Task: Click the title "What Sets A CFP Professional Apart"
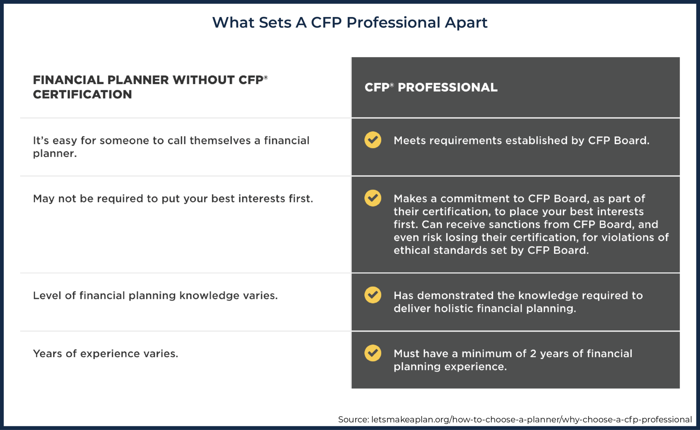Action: point(350,23)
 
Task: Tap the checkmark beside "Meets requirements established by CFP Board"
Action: point(373,140)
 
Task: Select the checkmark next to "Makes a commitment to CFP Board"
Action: point(373,198)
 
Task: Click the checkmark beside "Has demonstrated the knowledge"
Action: point(373,295)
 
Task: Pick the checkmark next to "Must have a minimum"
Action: point(373,353)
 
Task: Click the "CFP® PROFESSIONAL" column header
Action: point(431,88)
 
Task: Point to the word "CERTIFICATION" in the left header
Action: point(82,94)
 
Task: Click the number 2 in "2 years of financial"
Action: point(533,354)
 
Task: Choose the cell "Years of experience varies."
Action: point(106,354)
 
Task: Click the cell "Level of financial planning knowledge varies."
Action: point(155,296)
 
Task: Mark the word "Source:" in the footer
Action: point(353,419)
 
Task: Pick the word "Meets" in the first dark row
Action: point(409,141)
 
